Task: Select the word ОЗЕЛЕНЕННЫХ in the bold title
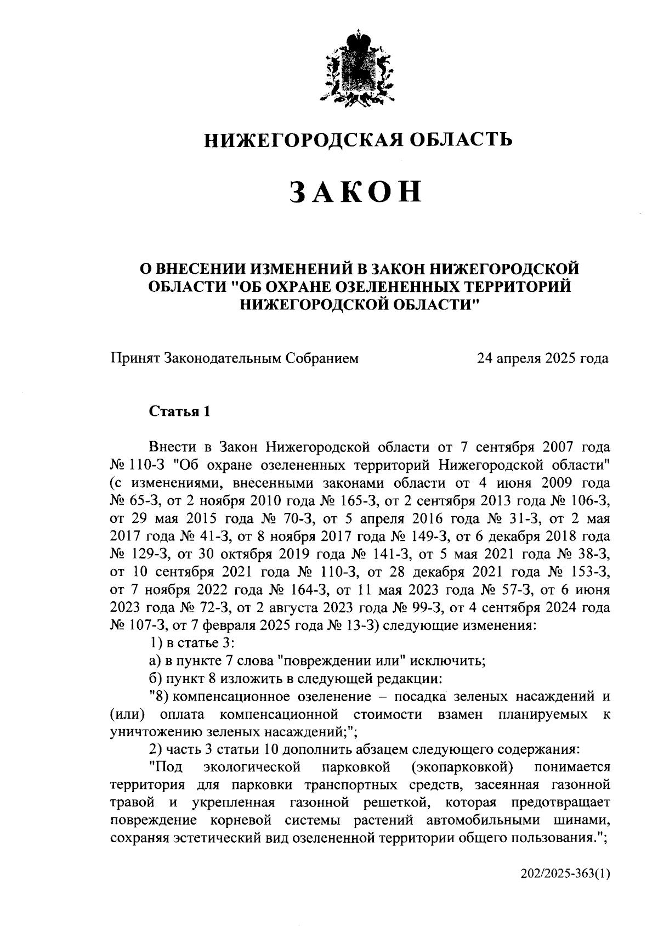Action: tap(393, 286)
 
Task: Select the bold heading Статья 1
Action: tap(179, 411)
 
